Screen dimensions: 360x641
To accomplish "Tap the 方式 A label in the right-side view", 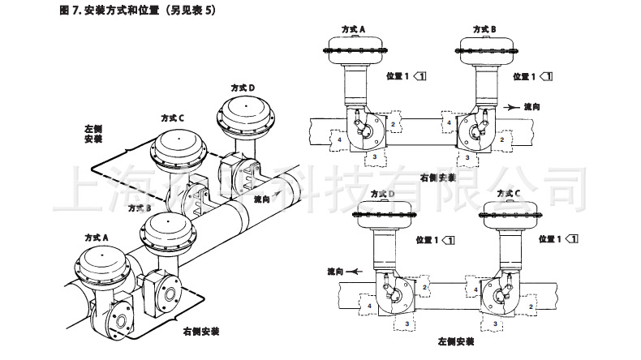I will [x=351, y=29].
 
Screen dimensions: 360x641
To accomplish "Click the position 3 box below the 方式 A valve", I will [x=376, y=154].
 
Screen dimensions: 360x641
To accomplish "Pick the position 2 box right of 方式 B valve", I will [x=502, y=139].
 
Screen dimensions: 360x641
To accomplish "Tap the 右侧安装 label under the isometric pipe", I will [x=200, y=331].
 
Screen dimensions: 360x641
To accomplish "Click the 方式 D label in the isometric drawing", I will [x=240, y=87].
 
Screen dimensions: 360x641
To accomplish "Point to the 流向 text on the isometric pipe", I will [x=262, y=198].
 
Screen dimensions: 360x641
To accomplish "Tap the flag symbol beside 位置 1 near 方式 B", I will [x=548, y=76].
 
